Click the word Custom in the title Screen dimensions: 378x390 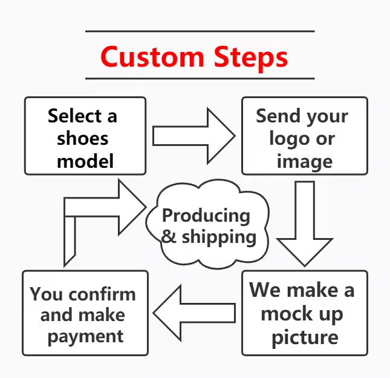point(152,56)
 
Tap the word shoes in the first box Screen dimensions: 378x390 point(83,139)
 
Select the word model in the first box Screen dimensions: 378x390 point(85,161)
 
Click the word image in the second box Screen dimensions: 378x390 point(304,161)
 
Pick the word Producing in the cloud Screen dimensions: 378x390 point(206,215)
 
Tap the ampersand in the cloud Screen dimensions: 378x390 point(169,236)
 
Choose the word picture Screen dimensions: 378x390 point(305,336)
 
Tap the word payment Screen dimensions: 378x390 point(85,336)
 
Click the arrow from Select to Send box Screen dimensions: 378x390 point(193,135)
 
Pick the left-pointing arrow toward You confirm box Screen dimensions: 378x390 point(193,313)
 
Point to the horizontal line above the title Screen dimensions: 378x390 point(200,31)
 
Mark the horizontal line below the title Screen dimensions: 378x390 point(200,78)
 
